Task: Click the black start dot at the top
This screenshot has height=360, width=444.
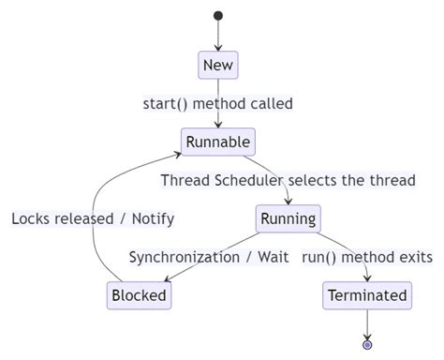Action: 218,15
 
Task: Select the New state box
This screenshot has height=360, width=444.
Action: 218,65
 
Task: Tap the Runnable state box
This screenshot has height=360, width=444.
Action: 218,142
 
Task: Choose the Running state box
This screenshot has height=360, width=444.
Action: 288,218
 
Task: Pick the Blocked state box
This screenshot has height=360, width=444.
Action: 139,295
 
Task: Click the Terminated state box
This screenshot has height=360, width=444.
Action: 367,295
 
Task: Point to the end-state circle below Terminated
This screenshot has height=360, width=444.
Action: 367,345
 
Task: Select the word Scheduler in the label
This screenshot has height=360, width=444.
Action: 247,180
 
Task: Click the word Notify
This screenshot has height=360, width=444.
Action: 153,218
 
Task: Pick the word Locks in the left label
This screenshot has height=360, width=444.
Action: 31,218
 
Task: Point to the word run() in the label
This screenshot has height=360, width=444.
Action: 320,257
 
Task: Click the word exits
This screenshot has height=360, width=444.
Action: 414,257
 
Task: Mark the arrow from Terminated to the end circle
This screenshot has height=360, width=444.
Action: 367,323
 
